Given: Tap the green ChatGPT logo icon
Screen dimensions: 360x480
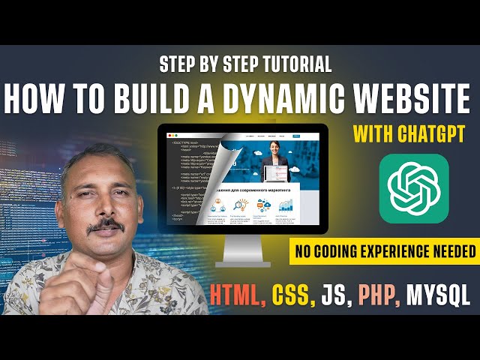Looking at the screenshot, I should coord(414,188).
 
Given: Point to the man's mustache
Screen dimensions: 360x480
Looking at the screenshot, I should coord(105,224).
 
